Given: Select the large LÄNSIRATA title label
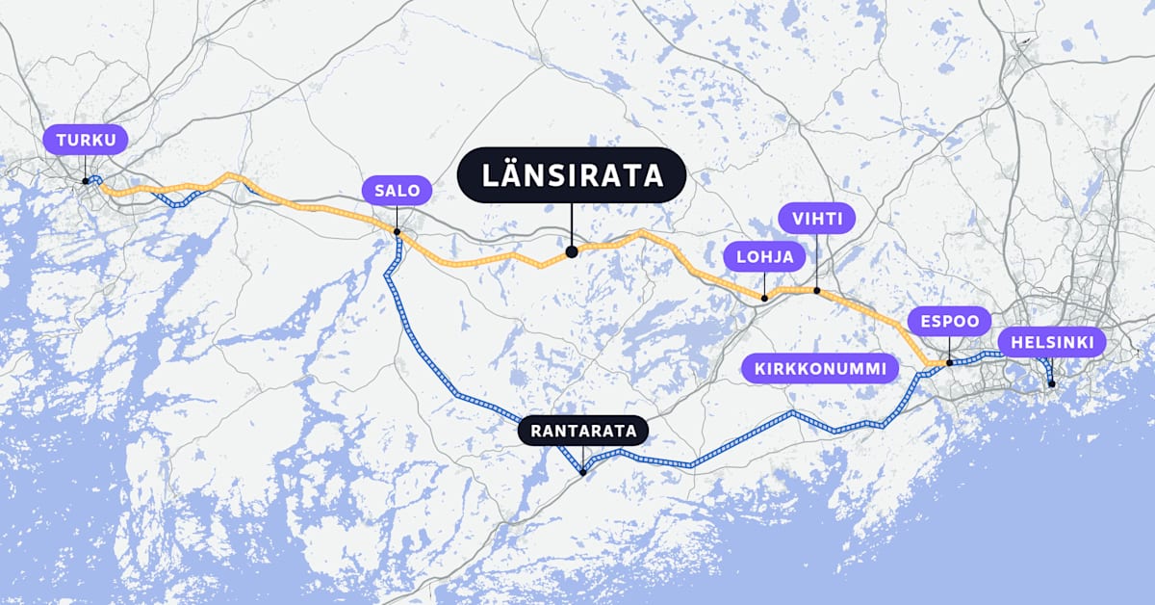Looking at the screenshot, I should point(572,175).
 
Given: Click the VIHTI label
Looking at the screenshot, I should point(816,219).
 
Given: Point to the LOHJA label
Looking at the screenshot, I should point(764,257).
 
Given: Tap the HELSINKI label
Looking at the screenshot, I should point(1051,342).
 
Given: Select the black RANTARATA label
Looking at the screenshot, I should point(584,431).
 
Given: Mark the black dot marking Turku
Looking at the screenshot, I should point(86,180).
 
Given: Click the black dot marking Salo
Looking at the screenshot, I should point(397,231).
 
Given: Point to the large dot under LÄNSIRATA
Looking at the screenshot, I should point(572,251).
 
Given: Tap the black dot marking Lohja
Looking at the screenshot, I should point(764,298).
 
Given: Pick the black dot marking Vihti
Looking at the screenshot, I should point(816,290).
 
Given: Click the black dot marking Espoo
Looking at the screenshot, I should point(949,362).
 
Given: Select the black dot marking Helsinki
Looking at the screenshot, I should point(1052,384).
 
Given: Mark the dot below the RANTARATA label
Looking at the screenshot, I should point(583,472).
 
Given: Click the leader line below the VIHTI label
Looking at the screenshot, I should point(816,260).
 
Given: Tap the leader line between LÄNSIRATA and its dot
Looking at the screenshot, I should point(572,226).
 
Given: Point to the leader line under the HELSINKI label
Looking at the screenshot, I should point(1051,370).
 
